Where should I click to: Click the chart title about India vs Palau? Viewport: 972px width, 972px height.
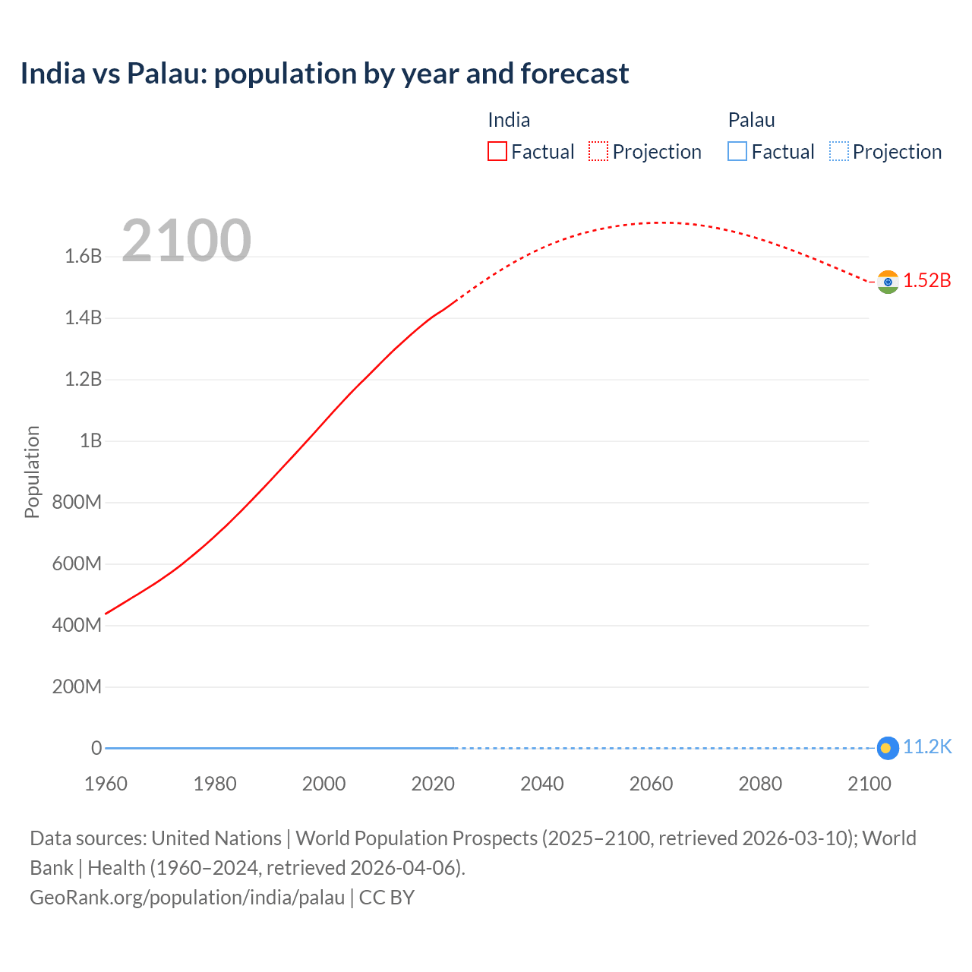point(324,74)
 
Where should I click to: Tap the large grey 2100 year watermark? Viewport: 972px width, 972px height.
point(186,241)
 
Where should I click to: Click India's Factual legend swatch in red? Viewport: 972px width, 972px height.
point(497,152)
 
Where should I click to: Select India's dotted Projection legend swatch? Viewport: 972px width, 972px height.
point(598,152)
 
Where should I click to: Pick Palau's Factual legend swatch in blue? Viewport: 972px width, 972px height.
point(737,152)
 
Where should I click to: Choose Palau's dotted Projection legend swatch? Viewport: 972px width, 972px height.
point(839,152)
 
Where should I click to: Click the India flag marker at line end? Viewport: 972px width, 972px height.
point(888,282)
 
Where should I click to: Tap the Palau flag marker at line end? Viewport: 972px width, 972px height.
point(888,748)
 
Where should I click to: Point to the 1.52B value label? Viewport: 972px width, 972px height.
point(926,281)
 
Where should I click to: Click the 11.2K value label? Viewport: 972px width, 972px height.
point(926,747)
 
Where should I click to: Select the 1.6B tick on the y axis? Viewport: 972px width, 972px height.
point(84,257)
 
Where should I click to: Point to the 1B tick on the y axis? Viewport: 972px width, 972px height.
point(90,441)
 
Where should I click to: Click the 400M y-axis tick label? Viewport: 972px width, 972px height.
point(77,626)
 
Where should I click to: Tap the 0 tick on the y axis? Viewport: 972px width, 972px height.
point(96,749)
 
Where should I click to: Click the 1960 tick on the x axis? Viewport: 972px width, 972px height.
point(106,784)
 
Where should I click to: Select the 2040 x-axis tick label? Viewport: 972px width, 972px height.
point(542,784)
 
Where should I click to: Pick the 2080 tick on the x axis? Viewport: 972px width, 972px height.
point(760,784)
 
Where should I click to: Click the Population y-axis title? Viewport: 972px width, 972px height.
point(32,472)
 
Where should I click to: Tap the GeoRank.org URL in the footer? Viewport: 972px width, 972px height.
point(188,898)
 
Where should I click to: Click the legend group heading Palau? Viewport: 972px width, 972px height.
point(751,120)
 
